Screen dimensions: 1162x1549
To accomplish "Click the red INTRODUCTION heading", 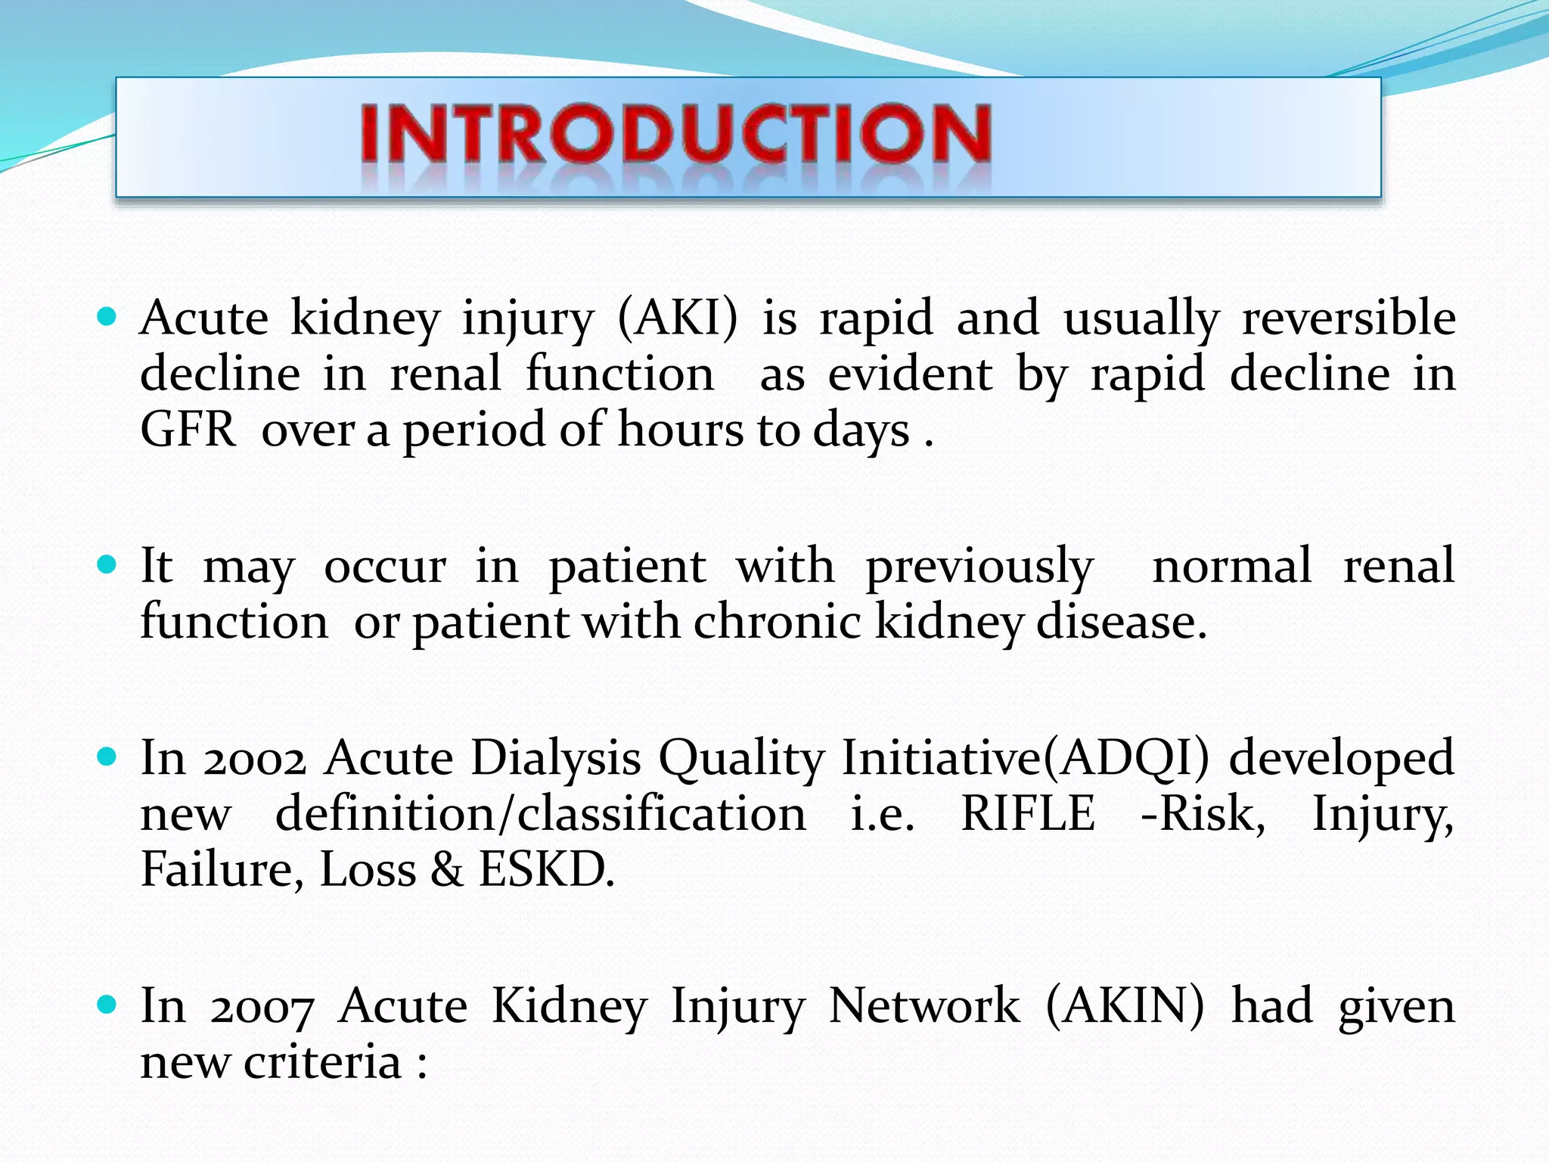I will pos(675,135).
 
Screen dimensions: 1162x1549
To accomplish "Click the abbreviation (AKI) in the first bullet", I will pos(677,318).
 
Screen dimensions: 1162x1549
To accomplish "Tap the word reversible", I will pos(1349,318).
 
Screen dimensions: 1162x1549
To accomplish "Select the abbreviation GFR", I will pos(188,430).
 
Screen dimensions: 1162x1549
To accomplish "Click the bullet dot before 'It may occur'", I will pos(107,564).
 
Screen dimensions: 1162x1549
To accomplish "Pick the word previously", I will pos(979,566).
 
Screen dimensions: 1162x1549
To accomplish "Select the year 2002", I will pos(254,758).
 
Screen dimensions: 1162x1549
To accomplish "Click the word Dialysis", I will pos(556,758).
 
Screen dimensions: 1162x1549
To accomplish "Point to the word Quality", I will pos(741,758).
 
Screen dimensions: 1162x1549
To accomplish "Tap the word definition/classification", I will pos(540,814).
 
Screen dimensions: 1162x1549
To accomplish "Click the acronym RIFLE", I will pos(1027,814).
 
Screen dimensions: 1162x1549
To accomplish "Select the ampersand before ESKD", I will pos(447,870).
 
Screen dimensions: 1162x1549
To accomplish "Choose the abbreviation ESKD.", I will pos(546,870).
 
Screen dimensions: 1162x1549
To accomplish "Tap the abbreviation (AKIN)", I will pos(1125,1006).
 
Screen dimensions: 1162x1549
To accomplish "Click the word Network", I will pos(924,1006).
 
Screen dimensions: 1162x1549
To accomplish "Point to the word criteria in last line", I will pos(322,1062).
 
